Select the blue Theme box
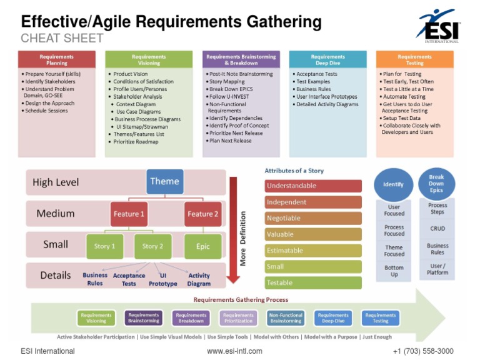point(164,182)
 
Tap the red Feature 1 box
point(129,214)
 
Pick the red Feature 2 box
point(203,214)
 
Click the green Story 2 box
point(153,246)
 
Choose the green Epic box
point(203,246)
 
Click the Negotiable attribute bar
point(313,218)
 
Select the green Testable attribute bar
point(313,282)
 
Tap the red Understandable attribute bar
point(313,186)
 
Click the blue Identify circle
point(394,184)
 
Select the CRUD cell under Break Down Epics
point(437,228)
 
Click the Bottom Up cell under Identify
point(394,271)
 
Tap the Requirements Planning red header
point(57,59)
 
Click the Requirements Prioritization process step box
point(238,318)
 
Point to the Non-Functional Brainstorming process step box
point(286,318)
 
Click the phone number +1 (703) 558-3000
point(423,351)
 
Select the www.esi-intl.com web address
point(234,351)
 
